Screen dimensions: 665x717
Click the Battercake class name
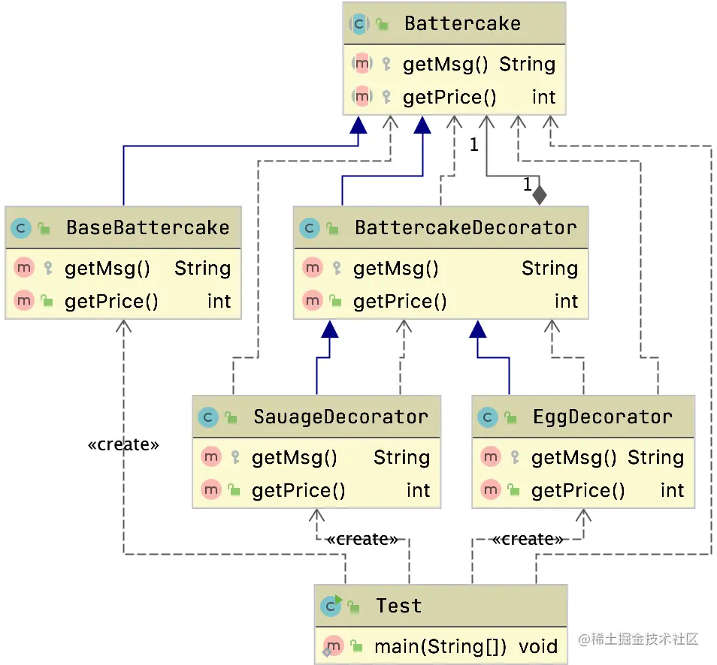point(461,23)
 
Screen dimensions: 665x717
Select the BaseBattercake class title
point(147,227)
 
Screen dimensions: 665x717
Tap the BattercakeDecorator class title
point(465,227)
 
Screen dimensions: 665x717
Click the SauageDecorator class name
point(340,417)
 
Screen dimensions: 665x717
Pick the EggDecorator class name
point(603,417)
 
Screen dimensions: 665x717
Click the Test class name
point(398,606)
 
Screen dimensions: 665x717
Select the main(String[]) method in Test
point(440,646)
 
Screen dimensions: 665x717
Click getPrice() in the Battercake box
point(449,97)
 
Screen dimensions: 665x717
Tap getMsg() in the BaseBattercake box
point(107,268)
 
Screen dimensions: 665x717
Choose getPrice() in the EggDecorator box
point(577,490)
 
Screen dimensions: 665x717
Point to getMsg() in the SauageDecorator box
point(294,457)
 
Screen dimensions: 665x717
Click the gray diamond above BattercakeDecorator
point(539,195)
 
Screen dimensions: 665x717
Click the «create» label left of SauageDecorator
point(123,444)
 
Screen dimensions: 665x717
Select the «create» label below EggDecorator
point(528,539)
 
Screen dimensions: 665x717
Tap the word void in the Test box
point(538,646)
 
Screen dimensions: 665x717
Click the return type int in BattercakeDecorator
point(566,301)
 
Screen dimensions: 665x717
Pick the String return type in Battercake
point(527,64)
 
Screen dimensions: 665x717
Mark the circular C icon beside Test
point(330,606)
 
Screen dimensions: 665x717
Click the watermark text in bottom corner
point(638,639)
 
